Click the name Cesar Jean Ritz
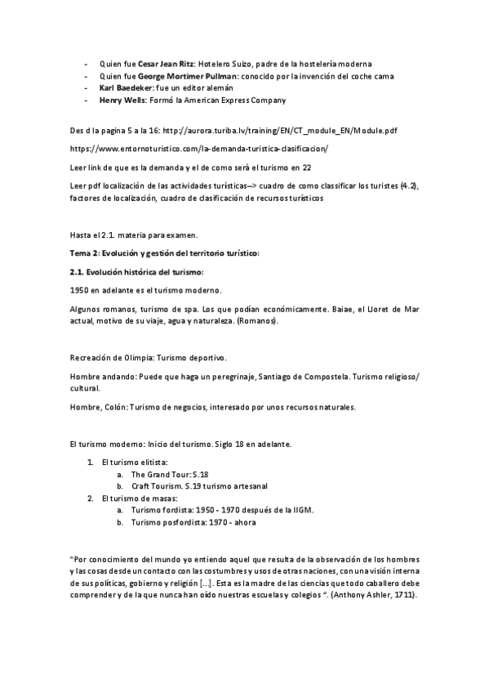166,64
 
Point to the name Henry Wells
123,100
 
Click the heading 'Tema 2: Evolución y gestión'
164,253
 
